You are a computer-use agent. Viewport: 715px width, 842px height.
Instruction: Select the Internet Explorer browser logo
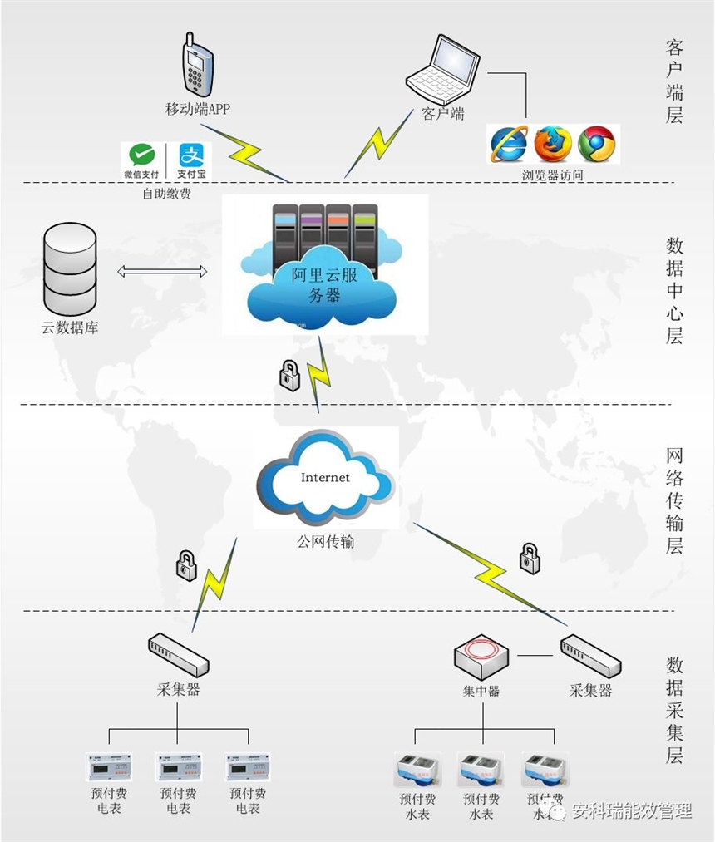[509, 144]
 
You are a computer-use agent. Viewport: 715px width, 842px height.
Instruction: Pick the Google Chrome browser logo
[596, 144]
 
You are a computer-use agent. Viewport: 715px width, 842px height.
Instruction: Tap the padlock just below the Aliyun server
[288, 376]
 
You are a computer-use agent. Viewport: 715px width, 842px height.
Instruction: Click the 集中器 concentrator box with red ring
[481, 657]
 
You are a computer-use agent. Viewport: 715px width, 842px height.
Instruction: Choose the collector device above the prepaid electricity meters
[178, 654]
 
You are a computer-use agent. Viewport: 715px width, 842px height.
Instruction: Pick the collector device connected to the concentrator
[590, 657]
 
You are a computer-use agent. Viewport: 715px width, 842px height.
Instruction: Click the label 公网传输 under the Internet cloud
[326, 542]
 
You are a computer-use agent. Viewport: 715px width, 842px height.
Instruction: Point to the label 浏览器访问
[553, 175]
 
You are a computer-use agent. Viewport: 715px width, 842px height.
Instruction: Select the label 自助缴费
[165, 194]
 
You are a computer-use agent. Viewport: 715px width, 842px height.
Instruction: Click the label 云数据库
[70, 327]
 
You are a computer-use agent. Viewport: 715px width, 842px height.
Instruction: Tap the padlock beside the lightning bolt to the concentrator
[530, 557]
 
